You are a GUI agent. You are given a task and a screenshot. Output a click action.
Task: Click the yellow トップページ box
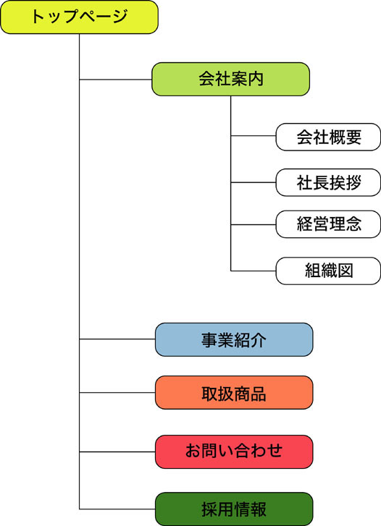pyautogui.click(x=79, y=17)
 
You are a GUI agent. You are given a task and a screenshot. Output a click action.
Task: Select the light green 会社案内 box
pyautogui.click(x=230, y=79)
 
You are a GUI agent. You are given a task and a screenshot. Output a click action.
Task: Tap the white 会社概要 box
pyautogui.click(x=328, y=137)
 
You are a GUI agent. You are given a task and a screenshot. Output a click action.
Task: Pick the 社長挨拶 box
pyautogui.click(x=328, y=182)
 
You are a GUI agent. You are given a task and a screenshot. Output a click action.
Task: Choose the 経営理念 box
pyautogui.click(x=328, y=224)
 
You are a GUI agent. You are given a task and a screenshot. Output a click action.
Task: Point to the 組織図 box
pyautogui.click(x=328, y=271)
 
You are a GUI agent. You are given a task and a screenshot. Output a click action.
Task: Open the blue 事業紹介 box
pyautogui.click(x=234, y=339)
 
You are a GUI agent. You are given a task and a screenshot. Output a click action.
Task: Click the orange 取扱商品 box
pyautogui.click(x=234, y=392)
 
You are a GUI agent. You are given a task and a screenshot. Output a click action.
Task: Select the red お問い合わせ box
pyautogui.click(x=234, y=451)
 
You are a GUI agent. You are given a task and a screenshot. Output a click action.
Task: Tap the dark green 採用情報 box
pyautogui.click(x=234, y=509)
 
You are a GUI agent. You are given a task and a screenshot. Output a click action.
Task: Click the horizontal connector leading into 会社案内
pyautogui.click(x=116, y=80)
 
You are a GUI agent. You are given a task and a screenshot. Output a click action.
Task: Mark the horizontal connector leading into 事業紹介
pyautogui.click(x=117, y=339)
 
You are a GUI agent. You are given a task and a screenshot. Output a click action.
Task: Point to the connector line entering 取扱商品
pyautogui.click(x=117, y=392)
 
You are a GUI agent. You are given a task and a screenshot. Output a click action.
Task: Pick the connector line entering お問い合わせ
pyautogui.click(x=117, y=451)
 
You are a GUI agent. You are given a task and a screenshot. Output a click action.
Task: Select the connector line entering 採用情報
pyautogui.click(x=117, y=509)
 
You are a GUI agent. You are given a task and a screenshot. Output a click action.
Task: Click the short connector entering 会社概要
pyautogui.click(x=254, y=136)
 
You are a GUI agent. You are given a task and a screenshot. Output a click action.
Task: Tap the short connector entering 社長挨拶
pyautogui.click(x=254, y=182)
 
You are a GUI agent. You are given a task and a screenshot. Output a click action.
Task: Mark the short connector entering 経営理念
pyautogui.click(x=254, y=224)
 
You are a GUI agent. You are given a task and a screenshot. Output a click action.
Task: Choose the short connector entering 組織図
pyautogui.click(x=254, y=271)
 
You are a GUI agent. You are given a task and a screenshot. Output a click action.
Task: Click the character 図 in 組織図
pyautogui.click(x=345, y=271)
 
